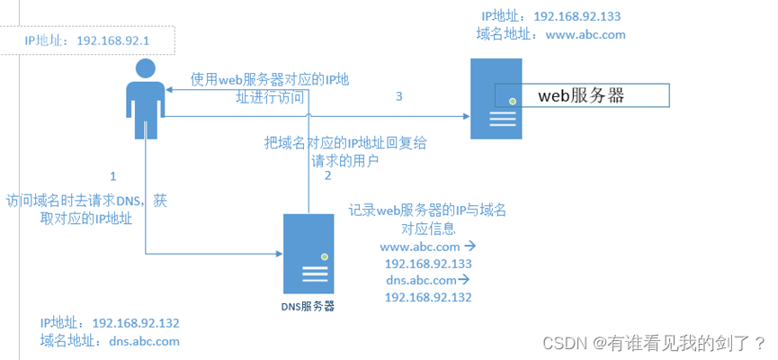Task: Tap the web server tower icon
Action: pos(496,98)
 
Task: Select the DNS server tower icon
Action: pos(309,254)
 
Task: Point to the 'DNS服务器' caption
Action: pos(307,306)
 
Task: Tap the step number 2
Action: pos(328,176)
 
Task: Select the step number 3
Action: pos(398,95)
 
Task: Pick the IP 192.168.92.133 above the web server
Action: pos(577,16)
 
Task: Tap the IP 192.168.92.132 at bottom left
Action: pos(136,322)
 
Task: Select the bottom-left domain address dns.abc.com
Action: pos(144,341)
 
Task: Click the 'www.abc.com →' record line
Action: pos(427,246)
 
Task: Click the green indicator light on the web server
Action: pos(512,101)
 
